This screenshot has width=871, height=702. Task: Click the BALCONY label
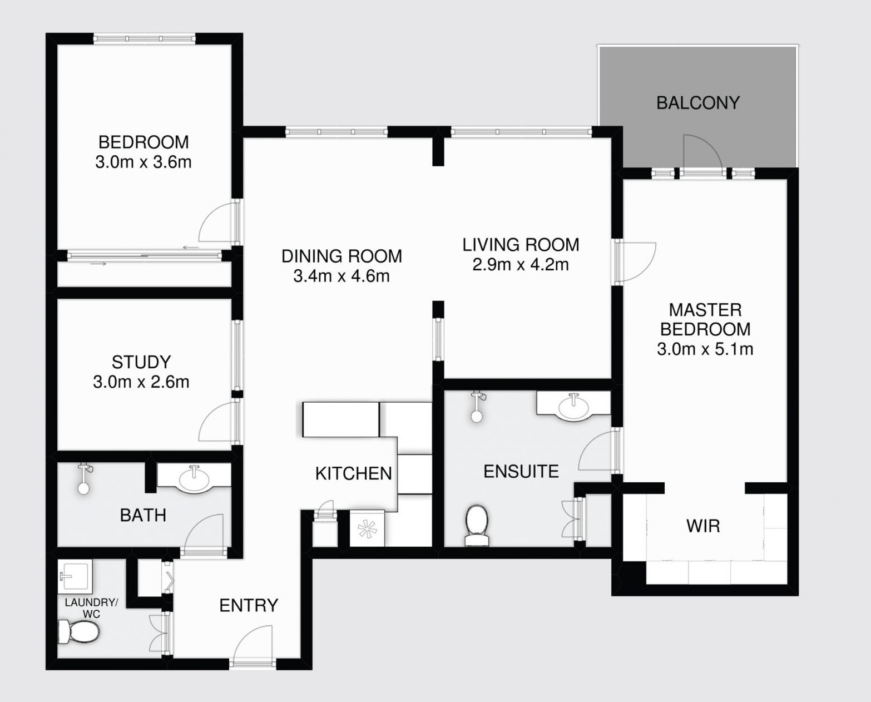pyautogui.click(x=697, y=103)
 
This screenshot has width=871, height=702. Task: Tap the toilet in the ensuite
pyautogui.click(x=477, y=525)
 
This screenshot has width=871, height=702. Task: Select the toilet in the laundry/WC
pyautogui.click(x=79, y=632)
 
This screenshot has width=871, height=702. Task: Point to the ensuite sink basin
pyautogui.click(x=573, y=406)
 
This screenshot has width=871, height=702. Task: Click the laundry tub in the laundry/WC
pyautogui.click(x=75, y=576)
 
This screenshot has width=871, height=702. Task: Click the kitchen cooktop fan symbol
pyautogui.click(x=367, y=528)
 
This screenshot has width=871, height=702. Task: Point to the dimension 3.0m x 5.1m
pyautogui.click(x=705, y=349)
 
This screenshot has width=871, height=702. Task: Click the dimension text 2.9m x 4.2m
pyautogui.click(x=521, y=265)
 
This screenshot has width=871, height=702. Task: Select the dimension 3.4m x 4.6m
pyautogui.click(x=342, y=276)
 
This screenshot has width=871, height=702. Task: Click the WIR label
pyautogui.click(x=703, y=526)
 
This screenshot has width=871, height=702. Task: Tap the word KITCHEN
pyautogui.click(x=353, y=473)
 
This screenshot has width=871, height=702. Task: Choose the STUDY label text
pyautogui.click(x=141, y=362)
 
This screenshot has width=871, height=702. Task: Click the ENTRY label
pyautogui.click(x=249, y=605)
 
